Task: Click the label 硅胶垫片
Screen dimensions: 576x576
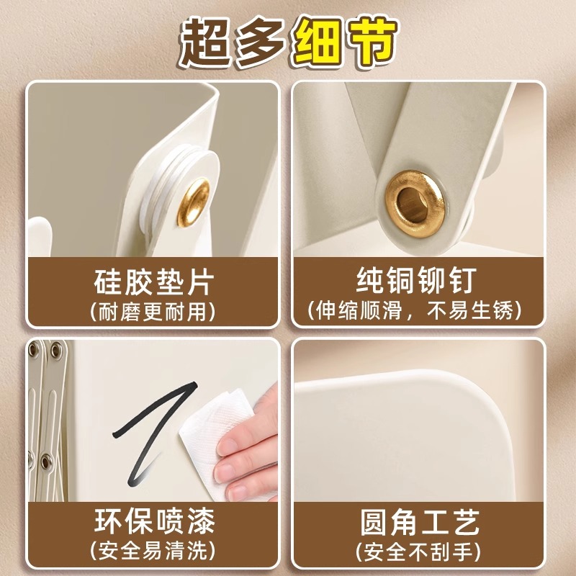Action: click(x=153, y=282)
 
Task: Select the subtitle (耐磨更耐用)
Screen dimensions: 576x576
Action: click(x=153, y=312)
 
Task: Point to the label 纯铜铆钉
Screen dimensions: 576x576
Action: click(x=418, y=282)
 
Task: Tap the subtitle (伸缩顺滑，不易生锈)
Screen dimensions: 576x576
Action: click(x=418, y=312)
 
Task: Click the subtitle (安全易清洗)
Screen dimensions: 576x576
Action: click(x=153, y=551)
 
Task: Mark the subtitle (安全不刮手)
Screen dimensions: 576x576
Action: click(x=418, y=551)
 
